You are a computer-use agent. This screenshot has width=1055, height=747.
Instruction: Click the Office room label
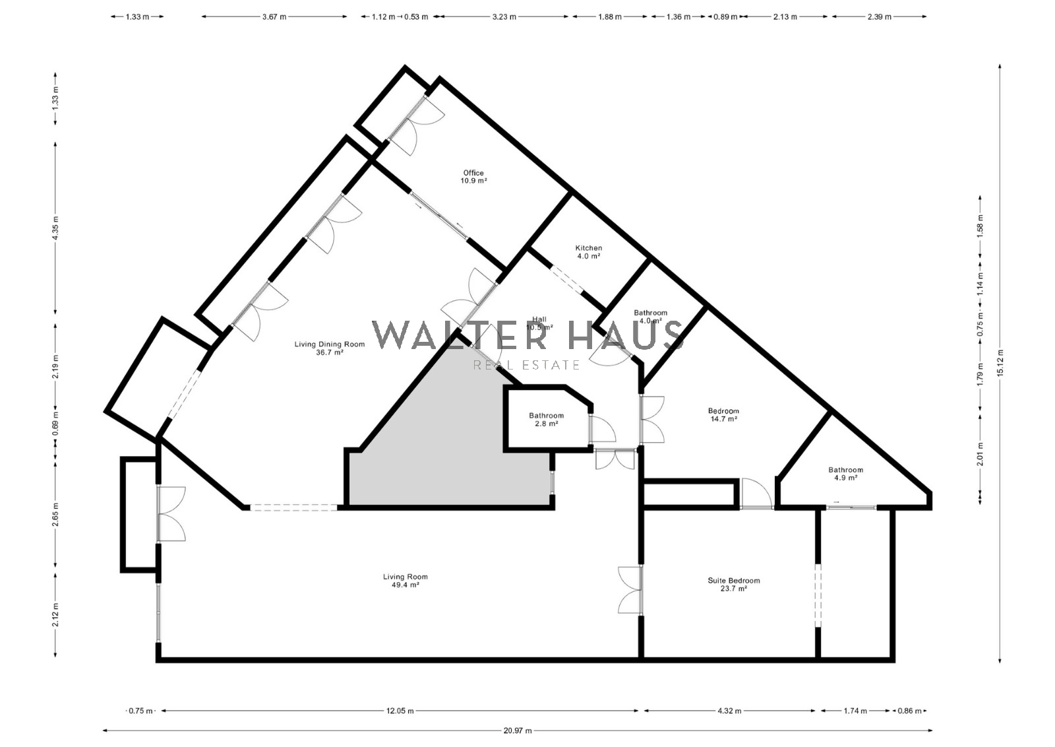tap(473, 177)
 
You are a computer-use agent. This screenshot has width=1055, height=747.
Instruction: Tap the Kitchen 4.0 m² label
tap(589, 252)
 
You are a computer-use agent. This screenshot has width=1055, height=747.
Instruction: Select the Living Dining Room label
tap(330, 348)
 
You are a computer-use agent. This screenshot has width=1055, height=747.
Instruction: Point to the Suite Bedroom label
tap(734, 585)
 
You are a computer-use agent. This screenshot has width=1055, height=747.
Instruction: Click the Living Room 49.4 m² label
tap(406, 581)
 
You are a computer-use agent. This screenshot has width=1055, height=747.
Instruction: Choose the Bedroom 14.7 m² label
tap(724, 414)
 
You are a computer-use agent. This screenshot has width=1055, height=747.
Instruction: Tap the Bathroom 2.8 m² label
tap(547, 420)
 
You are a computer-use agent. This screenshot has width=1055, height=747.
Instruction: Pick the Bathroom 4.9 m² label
tap(846, 474)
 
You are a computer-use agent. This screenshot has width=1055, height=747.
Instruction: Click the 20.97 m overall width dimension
tap(518, 731)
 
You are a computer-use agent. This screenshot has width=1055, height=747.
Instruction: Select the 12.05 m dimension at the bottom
tap(400, 711)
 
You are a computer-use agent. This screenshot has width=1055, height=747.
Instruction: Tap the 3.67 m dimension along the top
tap(274, 17)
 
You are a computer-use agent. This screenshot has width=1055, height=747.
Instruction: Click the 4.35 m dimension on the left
tap(55, 228)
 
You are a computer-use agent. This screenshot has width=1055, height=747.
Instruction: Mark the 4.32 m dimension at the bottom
tap(729, 711)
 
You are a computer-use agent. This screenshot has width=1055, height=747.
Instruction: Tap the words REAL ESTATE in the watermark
tap(527, 366)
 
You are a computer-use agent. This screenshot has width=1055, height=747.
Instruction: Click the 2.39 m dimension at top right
tap(880, 17)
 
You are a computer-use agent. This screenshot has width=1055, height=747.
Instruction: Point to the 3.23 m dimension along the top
tap(504, 17)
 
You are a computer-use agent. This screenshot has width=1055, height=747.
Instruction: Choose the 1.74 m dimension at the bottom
tap(855, 711)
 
